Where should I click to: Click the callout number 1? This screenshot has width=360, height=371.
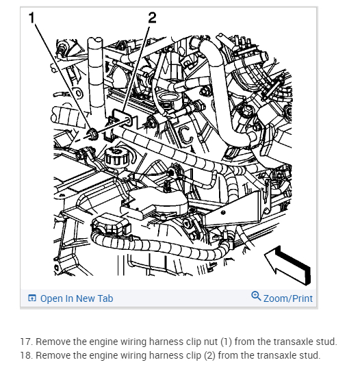coord(32,18)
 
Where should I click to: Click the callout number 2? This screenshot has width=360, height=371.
coord(153,18)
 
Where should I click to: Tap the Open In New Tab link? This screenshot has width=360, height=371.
coord(77,298)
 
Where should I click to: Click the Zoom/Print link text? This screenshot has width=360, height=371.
coord(288,298)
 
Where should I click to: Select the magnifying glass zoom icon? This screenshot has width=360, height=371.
coord(256,296)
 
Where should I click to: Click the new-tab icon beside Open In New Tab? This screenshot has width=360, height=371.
coord(32,298)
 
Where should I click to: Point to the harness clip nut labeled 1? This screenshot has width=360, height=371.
coord(92,133)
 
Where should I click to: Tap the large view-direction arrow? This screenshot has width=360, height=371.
coord(287,264)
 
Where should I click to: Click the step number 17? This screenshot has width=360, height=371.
coord(27,342)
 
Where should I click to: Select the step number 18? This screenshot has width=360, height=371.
coord(27,355)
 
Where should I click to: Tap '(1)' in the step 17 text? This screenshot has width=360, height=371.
coord(226,342)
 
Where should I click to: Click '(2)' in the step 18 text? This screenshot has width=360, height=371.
coord(209,355)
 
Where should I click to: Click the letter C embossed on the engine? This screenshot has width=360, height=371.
coord(185,136)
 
